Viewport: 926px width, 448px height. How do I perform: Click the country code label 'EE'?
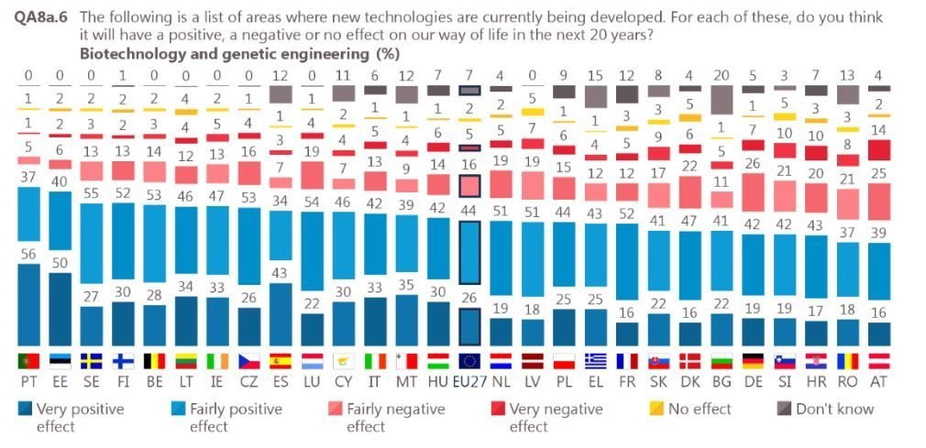pos(61,379)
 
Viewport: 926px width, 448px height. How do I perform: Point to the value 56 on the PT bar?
pos(29,254)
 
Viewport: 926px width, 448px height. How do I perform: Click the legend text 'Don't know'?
pos(834,409)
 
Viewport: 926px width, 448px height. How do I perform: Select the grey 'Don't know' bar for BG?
pos(722,99)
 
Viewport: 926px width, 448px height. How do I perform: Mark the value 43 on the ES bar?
pos(281,273)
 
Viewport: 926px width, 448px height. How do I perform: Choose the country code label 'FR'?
pos(625,379)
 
